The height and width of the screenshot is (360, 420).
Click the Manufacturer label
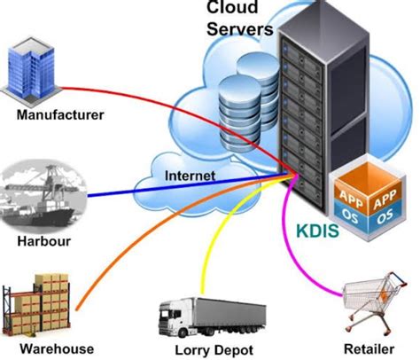[59, 114]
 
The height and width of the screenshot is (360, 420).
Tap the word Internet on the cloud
[190, 176]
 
